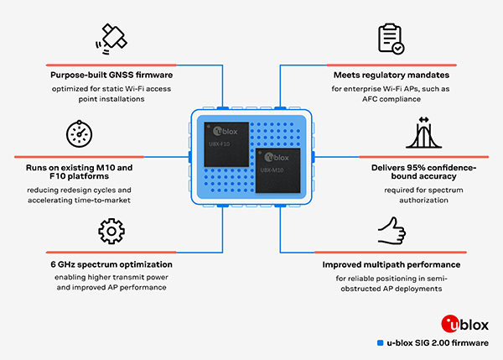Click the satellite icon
pos(111,39)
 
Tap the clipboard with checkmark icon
pos(391,39)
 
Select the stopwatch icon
pos(80,134)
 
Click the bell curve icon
pos(423,133)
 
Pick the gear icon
pos(111,232)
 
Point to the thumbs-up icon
pos(392,231)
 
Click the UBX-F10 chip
pos(226,144)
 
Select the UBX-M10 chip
pos(277,170)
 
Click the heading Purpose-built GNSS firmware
pos(111,76)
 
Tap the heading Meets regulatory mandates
pos(392,76)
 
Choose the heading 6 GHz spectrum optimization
pos(111,264)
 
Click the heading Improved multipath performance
pos(392,264)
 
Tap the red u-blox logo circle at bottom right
pos(451,324)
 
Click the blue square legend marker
pos(380,343)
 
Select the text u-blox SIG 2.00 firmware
pos(438,343)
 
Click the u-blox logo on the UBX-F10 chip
pos(226,132)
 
